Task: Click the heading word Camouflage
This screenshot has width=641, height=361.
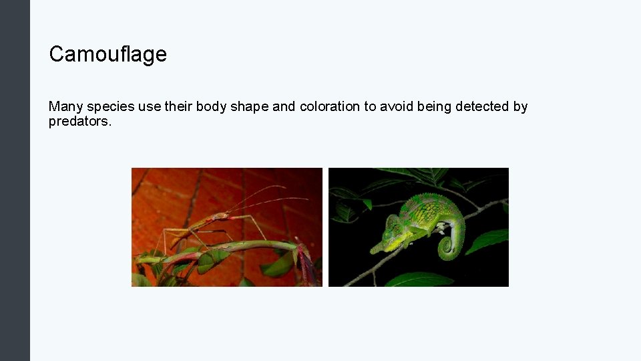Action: (x=108, y=54)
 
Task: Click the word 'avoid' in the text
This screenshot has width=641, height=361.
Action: (x=396, y=106)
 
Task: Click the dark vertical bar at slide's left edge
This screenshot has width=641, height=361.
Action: (x=15, y=180)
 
